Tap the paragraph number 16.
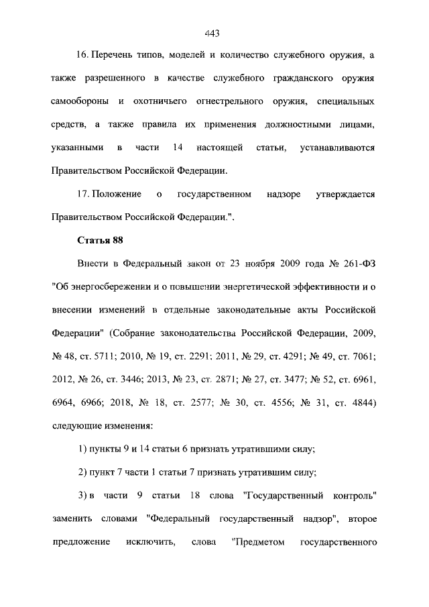[84, 54]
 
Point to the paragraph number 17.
[84, 194]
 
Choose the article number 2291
[195, 357]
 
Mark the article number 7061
[359, 357]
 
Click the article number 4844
[357, 403]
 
